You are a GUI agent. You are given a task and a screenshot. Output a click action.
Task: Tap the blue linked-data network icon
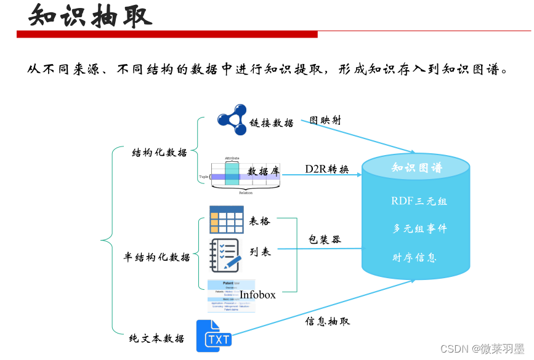(x=232, y=119)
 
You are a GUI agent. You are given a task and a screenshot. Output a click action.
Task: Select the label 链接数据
(x=272, y=122)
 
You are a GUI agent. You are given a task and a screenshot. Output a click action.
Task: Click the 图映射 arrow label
(x=325, y=120)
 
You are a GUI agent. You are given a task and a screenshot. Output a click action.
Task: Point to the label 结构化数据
(x=160, y=153)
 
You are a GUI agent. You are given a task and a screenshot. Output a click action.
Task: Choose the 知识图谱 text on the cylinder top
(x=417, y=167)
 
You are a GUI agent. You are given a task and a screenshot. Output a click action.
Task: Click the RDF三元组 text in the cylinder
(x=419, y=201)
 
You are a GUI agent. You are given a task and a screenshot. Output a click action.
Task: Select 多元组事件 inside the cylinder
(x=419, y=228)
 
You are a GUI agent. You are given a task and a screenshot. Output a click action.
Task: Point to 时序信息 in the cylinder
(x=415, y=257)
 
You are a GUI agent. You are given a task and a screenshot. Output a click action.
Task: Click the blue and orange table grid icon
(x=226, y=220)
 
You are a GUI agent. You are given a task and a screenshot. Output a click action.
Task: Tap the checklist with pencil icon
(x=225, y=255)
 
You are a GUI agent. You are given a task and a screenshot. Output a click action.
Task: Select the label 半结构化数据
(x=157, y=257)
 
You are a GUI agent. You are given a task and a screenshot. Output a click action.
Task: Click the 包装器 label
(x=325, y=239)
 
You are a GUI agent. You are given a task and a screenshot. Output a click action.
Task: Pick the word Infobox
(x=257, y=295)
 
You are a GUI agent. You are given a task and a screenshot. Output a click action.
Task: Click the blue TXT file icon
(x=214, y=336)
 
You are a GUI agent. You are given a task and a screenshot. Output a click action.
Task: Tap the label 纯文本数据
(x=156, y=338)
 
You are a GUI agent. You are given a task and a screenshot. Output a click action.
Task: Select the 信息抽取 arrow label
(x=328, y=321)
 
